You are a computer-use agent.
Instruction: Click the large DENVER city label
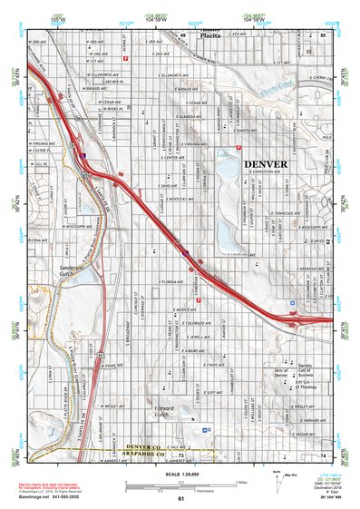pos(265,164)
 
